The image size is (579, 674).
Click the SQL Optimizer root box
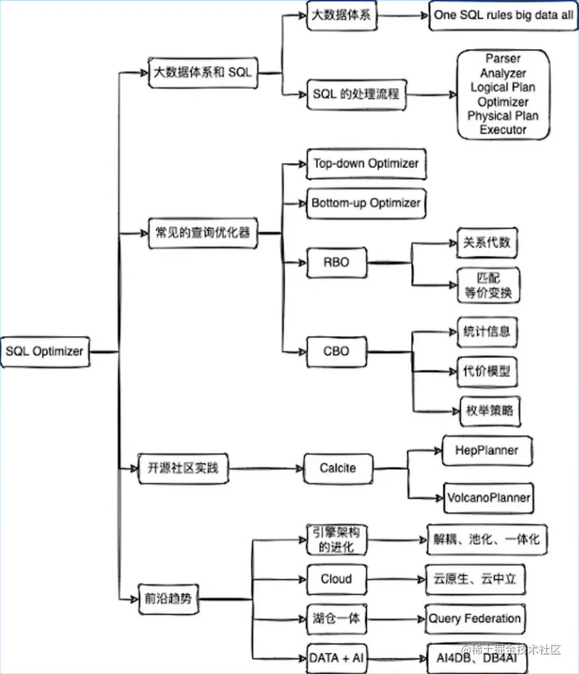(x=45, y=351)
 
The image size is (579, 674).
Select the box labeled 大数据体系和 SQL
(x=203, y=73)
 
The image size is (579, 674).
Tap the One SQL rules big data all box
(x=503, y=16)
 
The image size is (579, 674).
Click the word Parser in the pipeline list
(x=503, y=59)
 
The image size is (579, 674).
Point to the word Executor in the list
(x=503, y=129)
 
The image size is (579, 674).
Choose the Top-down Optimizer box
(x=366, y=164)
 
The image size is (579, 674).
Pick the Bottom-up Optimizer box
(x=366, y=203)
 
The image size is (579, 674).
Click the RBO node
(x=336, y=262)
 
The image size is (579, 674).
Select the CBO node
(x=336, y=351)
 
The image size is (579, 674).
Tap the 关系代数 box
(x=487, y=243)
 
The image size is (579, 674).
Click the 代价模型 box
(x=487, y=371)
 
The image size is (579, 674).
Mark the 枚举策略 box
(x=490, y=411)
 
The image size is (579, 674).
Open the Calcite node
(x=338, y=468)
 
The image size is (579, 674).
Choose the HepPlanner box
(x=487, y=451)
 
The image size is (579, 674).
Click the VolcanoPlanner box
(x=489, y=498)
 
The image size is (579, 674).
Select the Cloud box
(x=336, y=580)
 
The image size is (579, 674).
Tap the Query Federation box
(x=475, y=619)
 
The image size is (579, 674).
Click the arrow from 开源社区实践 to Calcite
(x=266, y=468)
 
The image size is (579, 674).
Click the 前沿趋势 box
(x=168, y=599)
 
